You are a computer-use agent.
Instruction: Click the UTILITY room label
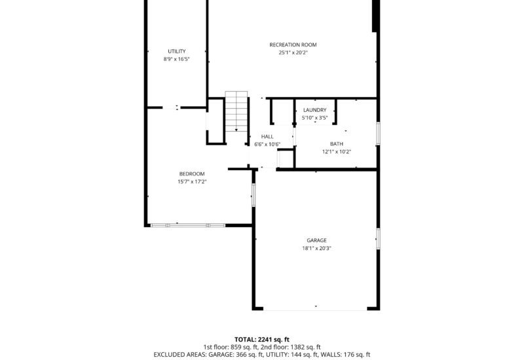click(x=176, y=51)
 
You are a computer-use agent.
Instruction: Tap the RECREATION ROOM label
click(x=293, y=45)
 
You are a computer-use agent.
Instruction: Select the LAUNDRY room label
click(x=314, y=110)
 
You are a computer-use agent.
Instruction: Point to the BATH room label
click(x=336, y=144)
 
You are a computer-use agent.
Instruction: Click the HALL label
click(x=267, y=137)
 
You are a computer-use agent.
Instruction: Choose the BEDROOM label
click(x=192, y=173)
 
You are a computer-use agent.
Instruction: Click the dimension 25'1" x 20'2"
click(x=293, y=52)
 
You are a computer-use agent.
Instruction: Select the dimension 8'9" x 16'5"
click(x=176, y=59)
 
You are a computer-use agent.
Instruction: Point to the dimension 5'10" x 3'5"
click(x=314, y=118)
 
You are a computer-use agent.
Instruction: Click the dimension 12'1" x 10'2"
click(x=336, y=152)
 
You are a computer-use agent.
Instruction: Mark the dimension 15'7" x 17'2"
click(x=192, y=181)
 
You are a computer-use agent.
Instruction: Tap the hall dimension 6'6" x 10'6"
click(x=267, y=145)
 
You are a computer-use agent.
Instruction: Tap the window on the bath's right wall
click(x=377, y=134)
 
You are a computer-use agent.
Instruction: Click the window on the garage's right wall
click(x=377, y=238)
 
